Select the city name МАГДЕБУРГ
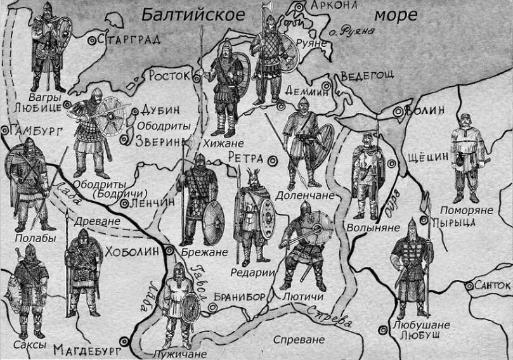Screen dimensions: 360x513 point(86,349)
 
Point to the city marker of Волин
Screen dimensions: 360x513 point(398,112)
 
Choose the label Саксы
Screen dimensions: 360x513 point(30,344)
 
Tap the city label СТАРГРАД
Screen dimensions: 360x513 point(131,39)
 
